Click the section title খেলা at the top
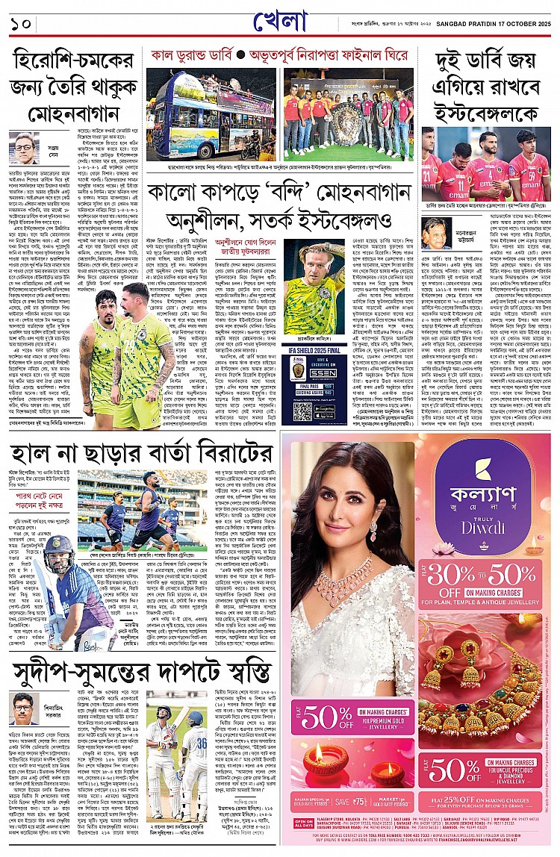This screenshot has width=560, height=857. click(x=280, y=23)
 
